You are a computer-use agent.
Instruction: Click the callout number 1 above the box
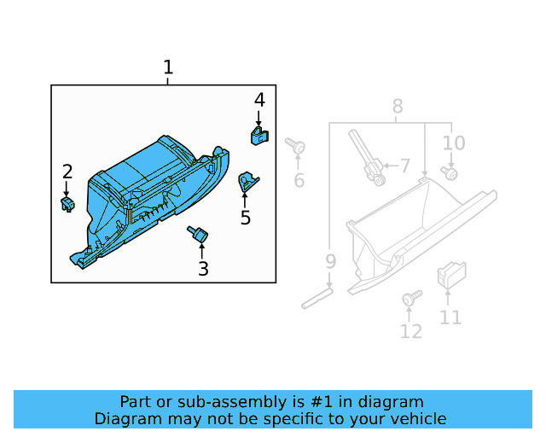(168, 67)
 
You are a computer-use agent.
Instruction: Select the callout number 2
(67, 172)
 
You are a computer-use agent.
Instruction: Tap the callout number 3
(203, 270)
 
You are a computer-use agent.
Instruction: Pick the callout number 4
(259, 100)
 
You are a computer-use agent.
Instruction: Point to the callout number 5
(246, 218)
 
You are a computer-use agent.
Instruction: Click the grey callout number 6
(299, 180)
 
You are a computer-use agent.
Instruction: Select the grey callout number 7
(404, 166)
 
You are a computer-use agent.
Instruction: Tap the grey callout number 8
(398, 107)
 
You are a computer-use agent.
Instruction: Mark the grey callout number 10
(454, 143)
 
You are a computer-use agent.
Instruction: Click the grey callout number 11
(450, 318)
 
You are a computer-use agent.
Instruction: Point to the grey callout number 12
(411, 331)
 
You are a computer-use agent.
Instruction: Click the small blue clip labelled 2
(67, 203)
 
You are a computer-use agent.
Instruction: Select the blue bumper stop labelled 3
(200, 233)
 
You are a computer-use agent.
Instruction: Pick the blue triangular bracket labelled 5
(248, 181)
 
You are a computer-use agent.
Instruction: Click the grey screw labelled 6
(296, 147)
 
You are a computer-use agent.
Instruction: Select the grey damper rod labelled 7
(364, 155)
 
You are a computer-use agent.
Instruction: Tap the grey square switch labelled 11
(450, 275)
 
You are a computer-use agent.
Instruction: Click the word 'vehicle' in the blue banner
(413, 418)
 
